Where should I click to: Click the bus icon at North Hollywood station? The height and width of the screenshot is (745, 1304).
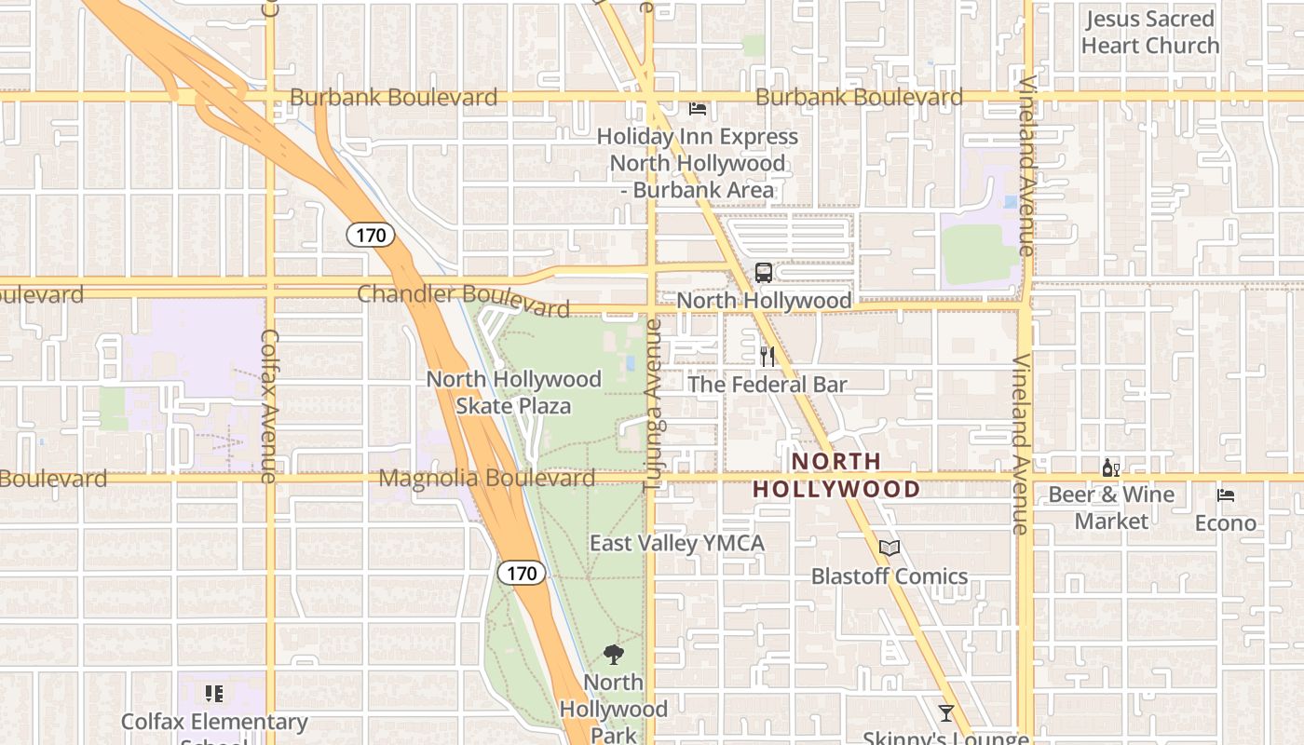tap(764, 273)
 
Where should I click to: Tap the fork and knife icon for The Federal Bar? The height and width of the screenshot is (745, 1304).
tap(767, 357)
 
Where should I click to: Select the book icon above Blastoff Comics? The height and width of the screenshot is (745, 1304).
tap(890, 549)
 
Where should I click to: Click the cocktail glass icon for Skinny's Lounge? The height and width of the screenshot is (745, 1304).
tap(946, 713)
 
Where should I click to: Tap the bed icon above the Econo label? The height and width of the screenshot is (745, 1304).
tap(1226, 495)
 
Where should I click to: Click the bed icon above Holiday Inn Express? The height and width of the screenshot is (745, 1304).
tap(698, 109)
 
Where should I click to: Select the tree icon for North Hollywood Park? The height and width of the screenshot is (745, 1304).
tap(614, 655)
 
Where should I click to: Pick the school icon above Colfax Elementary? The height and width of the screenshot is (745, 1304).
tap(214, 694)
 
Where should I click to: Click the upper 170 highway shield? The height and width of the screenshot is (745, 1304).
tap(371, 235)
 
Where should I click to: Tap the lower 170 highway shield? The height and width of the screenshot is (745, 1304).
tap(522, 573)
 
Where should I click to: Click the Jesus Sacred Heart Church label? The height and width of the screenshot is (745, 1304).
tap(1150, 32)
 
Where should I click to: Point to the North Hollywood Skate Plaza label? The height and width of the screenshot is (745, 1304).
tap(513, 392)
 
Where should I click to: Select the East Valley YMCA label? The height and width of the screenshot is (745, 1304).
tap(677, 543)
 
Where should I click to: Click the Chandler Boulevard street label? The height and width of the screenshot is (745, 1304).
tap(464, 299)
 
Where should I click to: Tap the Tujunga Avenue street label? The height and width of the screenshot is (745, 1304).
tap(653, 405)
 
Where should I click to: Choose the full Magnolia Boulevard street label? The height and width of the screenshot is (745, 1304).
tap(487, 479)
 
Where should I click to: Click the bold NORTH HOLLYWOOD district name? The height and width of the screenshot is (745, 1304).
tap(836, 475)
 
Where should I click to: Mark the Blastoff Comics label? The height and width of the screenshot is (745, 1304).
tap(890, 576)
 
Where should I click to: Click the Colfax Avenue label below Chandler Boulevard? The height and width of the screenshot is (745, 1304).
tap(269, 406)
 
